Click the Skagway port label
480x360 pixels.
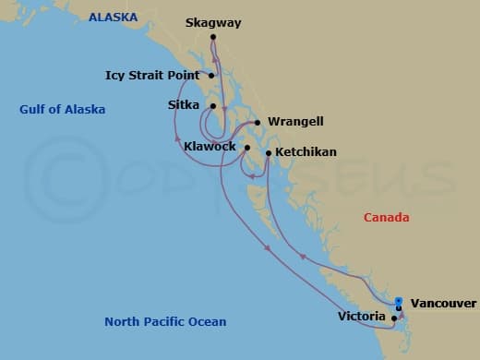pyautogui.click(x=213, y=22)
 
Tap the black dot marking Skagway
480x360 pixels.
pyautogui.click(x=213, y=37)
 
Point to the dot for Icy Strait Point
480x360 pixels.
pyautogui.click(x=212, y=76)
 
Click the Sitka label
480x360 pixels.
pyautogui.click(x=184, y=105)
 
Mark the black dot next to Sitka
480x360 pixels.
pyautogui.click(x=212, y=106)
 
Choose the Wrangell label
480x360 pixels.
pyautogui.click(x=295, y=122)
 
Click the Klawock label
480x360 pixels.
pyautogui.click(x=210, y=147)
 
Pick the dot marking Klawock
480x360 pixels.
pyautogui.click(x=247, y=147)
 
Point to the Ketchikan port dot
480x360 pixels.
pyautogui.click(x=268, y=152)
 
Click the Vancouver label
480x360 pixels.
pyautogui.click(x=443, y=303)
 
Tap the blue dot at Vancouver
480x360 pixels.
pyautogui.click(x=398, y=300)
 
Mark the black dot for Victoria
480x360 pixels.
pyautogui.click(x=394, y=318)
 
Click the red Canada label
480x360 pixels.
pyautogui.click(x=386, y=218)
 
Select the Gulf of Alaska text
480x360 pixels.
pyautogui.click(x=62, y=110)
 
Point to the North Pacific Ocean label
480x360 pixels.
pyautogui.click(x=165, y=322)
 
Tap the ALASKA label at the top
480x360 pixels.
pyautogui.click(x=113, y=17)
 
